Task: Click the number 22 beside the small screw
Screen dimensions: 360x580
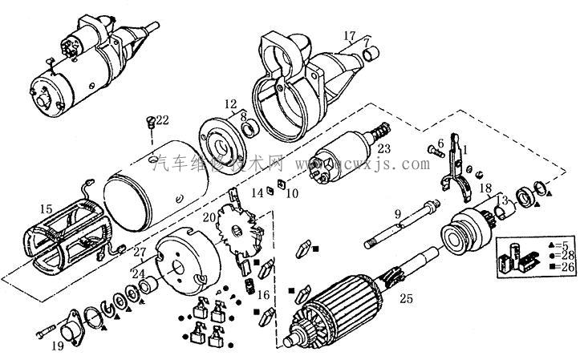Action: [x=163, y=120]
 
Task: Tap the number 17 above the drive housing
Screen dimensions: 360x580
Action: [x=349, y=35]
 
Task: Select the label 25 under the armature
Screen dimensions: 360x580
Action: [x=407, y=300]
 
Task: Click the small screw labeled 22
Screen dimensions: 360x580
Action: [x=150, y=121]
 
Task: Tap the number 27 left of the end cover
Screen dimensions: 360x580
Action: [x=140, y=253]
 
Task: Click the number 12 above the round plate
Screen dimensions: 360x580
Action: [x=230, y=103]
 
